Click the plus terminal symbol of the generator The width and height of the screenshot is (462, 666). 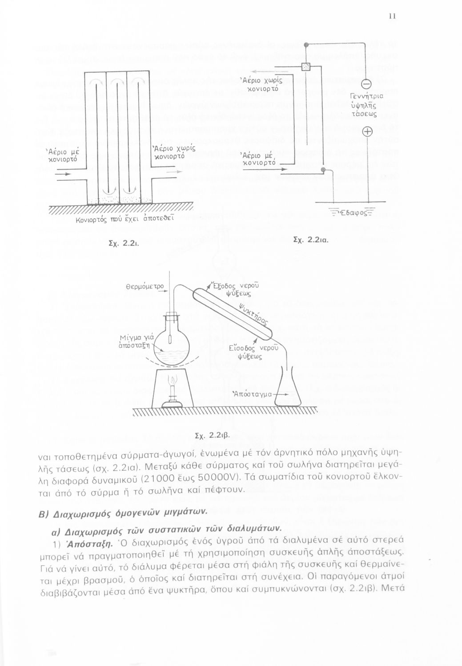tap(367, 131)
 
